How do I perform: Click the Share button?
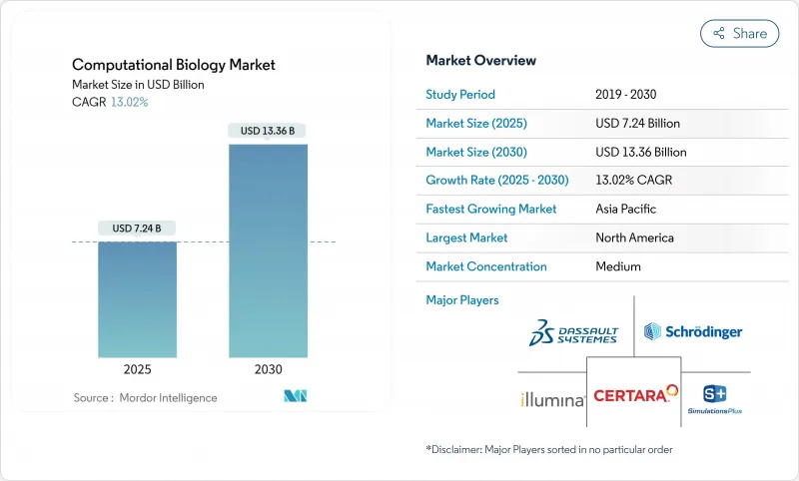pyautogui.click(x=740, y=33)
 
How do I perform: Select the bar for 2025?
pyautogui.click(x=138, y=299)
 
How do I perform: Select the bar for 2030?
pyautogui.click(x=268, y=249)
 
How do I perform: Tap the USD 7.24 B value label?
pyautogui.click(x=138, y=229)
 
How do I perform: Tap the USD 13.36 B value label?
pyautogui.click(x=268, y=131)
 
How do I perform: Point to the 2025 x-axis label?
pyautogui.click(x=138, y=369)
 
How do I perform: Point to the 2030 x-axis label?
pyautogui.click(x=268, y=369)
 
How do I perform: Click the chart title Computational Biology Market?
pyautogui.click(x=174, y=65)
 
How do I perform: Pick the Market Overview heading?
pyautogui.click(x=480, y=60)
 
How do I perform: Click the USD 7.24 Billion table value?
pyautogui.click(x=637, y=124)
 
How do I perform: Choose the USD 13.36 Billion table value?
pyautogui.click(x=640, y=153)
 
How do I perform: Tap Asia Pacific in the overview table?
pyautogui.click(x=625, y=210)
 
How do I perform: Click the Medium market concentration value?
pyautogui.click(x=617, y=266)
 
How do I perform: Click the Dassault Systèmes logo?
pyautogui.click(x=573, y=333)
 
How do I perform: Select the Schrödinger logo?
pyautogui.click(x=693, y=331)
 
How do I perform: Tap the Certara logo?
pyautogui.click(x=636, y=395)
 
